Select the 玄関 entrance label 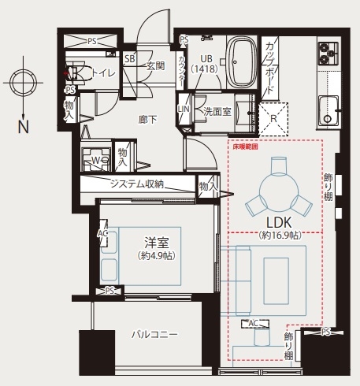[x=154, y=66]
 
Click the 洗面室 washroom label [x=217, y=111]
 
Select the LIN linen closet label [x=184, y=109]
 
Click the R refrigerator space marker [x=273, y=120]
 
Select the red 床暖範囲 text [x=244, y=147]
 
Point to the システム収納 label [x=136, y=184]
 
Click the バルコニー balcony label [x=154, y=335]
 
